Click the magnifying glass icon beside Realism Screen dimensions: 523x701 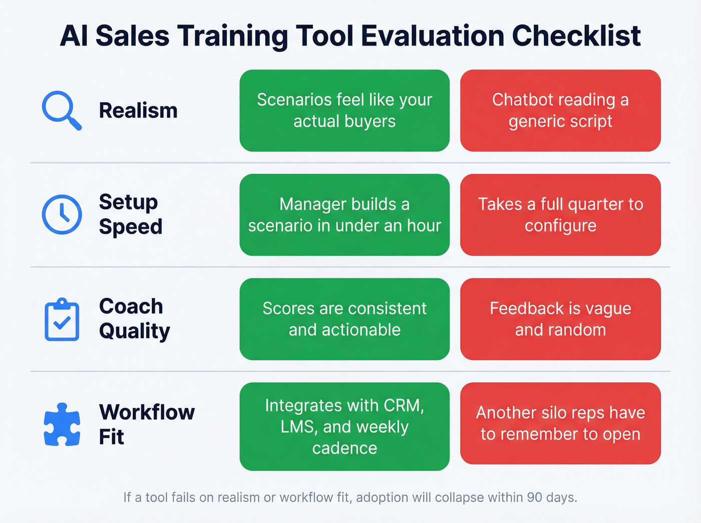(x=61, y=110)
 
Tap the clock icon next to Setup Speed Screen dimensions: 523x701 (x=62, y=214)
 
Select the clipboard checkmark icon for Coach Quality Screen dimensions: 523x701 (x=62, y=320)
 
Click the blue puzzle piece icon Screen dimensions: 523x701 (x=62, y=424)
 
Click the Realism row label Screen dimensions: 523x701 (x=138, y=111)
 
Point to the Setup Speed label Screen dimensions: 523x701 (x=131, y=214)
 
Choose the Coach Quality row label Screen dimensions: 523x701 (x=134, y=319)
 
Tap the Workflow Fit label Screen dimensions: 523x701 (x=146, y=424)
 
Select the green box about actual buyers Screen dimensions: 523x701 (x=344, y=111)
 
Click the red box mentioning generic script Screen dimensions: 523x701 (x=560, y=111)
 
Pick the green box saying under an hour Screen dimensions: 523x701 (x=344, y=215)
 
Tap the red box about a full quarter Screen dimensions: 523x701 (x=560, y=215)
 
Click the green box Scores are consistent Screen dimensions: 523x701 (x=344, y=319)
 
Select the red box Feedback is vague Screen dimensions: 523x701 (x=560, y=319)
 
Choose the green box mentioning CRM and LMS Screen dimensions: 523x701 (x=344, y=426)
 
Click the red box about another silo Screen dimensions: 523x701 (x=560, y=423)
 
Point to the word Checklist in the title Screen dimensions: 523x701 (x=576, y=36)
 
